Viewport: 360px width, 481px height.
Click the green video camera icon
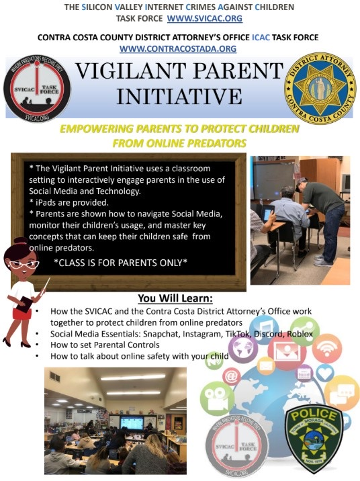click(217, 397)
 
